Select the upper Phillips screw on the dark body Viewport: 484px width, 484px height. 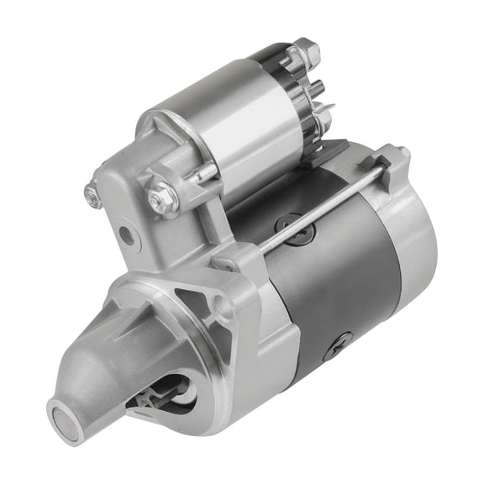[287, 224]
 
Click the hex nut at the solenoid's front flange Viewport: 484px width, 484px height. [161, 198]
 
